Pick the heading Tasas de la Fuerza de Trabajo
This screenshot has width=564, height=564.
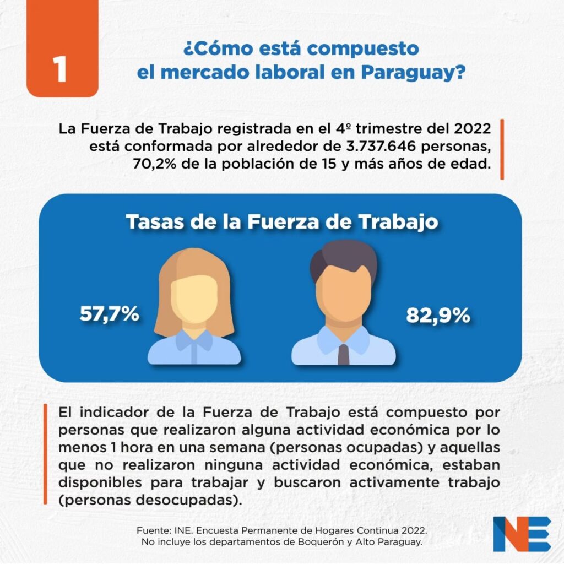tap(282, 222)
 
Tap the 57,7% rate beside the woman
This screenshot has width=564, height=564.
tap(109, 314)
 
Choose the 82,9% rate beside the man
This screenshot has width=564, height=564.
tap(438, 316)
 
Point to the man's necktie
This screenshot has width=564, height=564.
tap(343, 353)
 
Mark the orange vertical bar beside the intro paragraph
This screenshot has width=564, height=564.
tap(502, 149)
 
